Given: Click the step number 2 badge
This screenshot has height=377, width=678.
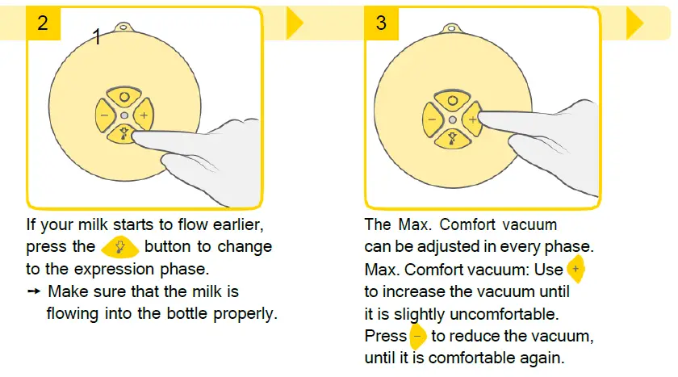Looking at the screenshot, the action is [43, 23].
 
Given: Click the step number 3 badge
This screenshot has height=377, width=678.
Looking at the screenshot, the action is [381, 23].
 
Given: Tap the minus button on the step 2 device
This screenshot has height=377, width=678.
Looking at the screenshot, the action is [105, 115].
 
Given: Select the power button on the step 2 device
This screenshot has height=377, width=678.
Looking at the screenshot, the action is [124, 97].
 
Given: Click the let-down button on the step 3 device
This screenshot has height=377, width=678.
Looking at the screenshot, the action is [452, 139].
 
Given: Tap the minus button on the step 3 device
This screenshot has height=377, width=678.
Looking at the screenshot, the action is [433, 119].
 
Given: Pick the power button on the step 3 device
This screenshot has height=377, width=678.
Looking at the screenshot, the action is [452, 101].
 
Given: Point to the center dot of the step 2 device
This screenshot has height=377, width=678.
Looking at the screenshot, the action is [124, 115].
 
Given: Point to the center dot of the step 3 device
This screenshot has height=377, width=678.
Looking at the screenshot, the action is [453, 119].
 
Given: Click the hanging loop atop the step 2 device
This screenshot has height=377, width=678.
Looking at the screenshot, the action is [123, 27].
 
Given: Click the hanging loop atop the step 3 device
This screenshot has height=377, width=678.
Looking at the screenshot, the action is [452, 28].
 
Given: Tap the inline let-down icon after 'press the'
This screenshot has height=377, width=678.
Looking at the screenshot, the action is [119, 247].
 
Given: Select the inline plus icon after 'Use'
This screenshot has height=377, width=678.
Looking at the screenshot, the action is [575, 269].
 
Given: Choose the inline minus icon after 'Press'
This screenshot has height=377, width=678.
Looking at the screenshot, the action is [417, 336].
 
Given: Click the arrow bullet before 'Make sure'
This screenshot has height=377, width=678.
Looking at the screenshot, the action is [34, 291].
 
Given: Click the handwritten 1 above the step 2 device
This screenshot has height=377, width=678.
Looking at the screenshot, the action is [97, 37].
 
